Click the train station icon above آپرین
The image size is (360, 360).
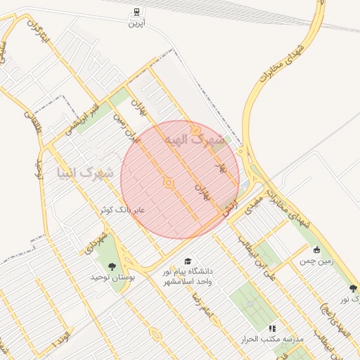click(x=135, y=12)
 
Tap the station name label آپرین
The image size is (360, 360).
click(x=135, y=24)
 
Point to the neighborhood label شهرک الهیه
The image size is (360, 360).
click(x=195, y=139)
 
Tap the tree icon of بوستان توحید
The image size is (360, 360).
click(x=112, y=266)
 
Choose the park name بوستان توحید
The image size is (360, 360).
click(x=112, y=278)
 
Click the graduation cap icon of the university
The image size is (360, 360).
click(x=188, y=261)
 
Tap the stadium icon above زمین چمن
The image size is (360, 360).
click(x=316, y=249)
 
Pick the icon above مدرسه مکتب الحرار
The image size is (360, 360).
click(x=272, y=328)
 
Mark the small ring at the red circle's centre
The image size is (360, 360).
click(x=169, y=183)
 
